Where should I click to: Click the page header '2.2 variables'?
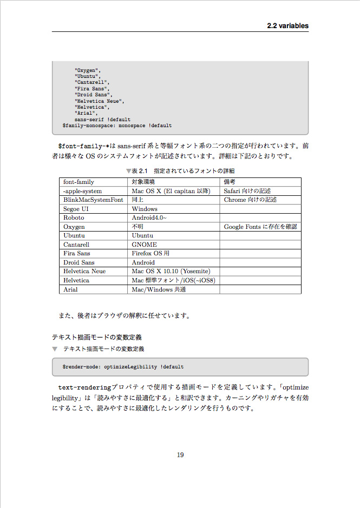coord(287,25)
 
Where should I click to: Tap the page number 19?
coord(180,454)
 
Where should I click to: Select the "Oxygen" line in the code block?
coord(88,70)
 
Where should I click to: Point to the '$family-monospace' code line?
coord(117,126)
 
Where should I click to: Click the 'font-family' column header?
coord(78,182)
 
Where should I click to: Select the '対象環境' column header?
coord(143,182)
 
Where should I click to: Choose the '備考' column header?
coord(230,182)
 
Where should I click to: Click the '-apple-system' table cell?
coord(82,191)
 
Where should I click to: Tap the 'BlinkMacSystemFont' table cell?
coord(93,200)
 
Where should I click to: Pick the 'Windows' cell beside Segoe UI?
coord(145,209)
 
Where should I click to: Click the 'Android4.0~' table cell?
coord(149,217)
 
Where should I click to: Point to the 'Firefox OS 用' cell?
coord(151,253)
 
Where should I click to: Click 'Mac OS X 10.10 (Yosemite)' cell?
coord(171,271)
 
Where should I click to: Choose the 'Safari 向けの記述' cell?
coord(247,191)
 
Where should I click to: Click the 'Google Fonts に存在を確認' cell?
coord(260,227)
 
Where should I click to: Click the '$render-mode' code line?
coord(123,367)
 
